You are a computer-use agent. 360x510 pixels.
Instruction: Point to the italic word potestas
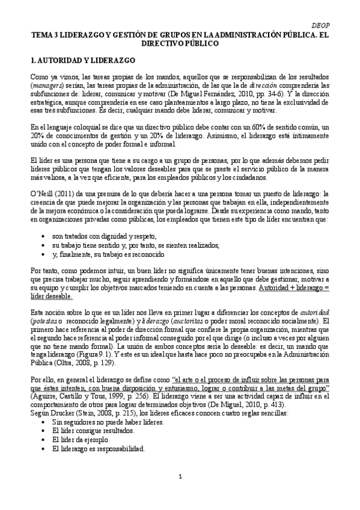pos(49,321)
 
